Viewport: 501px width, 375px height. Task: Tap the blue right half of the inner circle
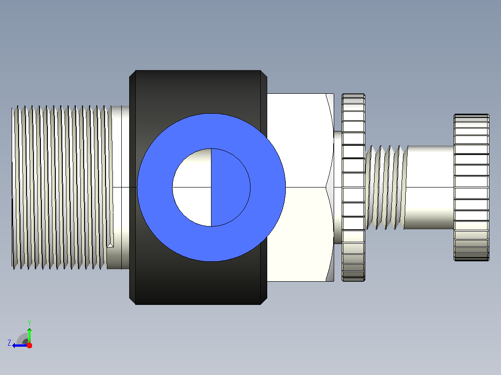231,187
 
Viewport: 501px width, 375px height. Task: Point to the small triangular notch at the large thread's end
110,245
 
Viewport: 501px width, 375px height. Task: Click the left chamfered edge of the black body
132,187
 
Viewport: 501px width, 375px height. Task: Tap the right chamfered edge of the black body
264,187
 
